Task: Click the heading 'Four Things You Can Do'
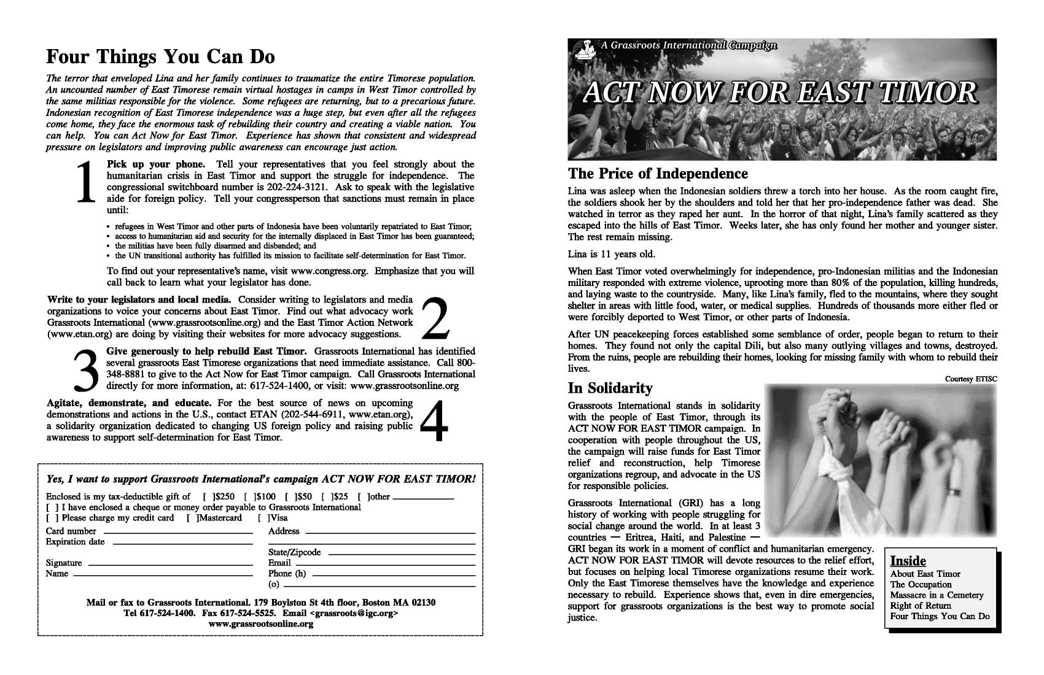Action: click(160, 56)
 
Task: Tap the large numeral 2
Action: click(435, 317)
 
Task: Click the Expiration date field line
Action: click(182, 543)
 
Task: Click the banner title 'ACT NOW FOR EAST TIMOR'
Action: click(779, 92)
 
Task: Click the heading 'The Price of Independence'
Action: click(658, 173)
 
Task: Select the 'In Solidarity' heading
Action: click(610, 388)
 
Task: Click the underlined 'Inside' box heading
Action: click(908, 561)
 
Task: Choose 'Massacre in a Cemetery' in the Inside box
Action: click(937, 595)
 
